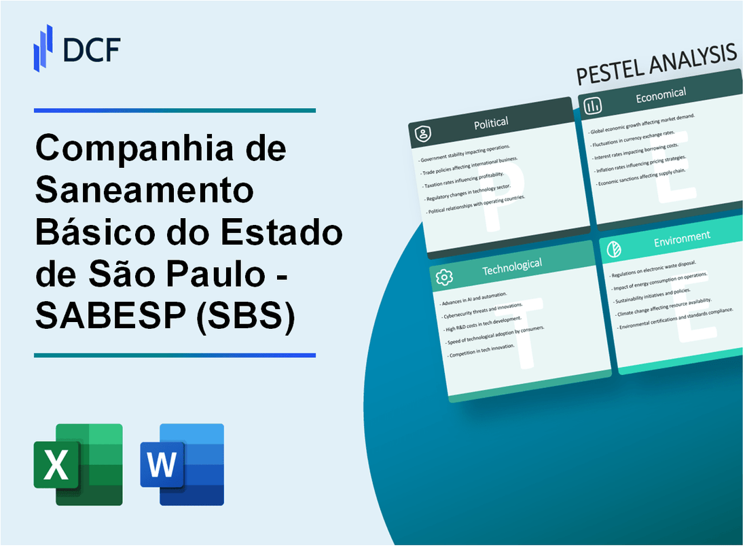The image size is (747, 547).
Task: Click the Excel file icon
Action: pos(78,464)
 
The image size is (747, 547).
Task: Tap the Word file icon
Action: pos(182,464)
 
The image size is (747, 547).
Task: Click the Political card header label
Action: pos(492,122)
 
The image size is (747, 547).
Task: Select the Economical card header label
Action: pos(660,96)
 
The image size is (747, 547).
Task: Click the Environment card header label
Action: pos(682,238)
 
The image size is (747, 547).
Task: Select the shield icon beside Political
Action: pos(423,134)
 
